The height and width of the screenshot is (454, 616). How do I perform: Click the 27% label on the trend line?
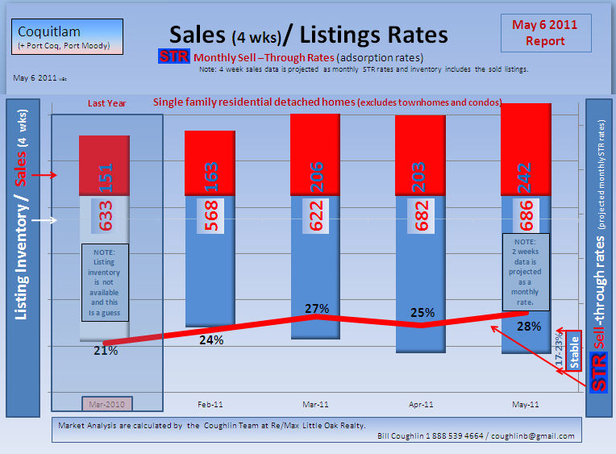(x=317, y=308)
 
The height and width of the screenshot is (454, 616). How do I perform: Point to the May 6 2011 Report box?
(x=545, y=33)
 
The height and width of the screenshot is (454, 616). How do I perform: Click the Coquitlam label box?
(x=69, y=37)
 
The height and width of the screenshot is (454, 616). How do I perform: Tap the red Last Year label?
(x=107, y=103)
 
